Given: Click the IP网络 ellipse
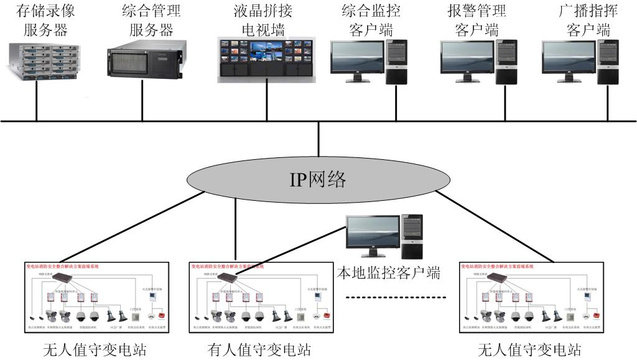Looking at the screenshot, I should click(x=318, y=180).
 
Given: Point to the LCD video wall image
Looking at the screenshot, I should click(x=266, y=59).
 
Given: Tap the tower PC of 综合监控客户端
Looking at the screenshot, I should click(x=396, y=62).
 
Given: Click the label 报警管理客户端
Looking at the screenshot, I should click(x=477, y=20).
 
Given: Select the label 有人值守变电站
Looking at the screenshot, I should click(x=258, y=350).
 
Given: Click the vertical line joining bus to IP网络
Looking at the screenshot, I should click(x=318, y=138).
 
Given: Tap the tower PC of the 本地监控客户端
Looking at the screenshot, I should click(x=412, y=237).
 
